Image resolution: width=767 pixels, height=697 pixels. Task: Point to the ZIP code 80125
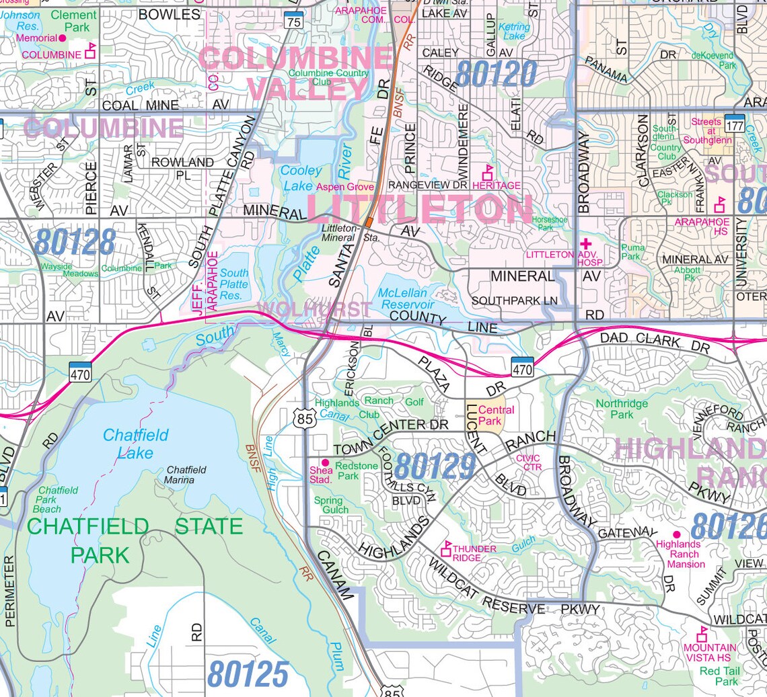pyautogui.click(x=248, y=673)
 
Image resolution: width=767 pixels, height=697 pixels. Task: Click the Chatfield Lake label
pyautogui.click(x=135, y=444)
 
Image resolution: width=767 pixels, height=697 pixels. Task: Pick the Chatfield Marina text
pyautogui.click(x=186, y=475)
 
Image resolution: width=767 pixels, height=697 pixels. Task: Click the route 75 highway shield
pyautogui.click(x=293, y=22)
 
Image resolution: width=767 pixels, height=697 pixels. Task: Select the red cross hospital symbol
pyautogui.click(x=585, y=243)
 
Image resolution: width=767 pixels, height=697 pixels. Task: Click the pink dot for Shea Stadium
pyautogui.click(x=324, y=462)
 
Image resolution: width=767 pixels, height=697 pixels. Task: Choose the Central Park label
pyautogui.click(x=496, y=415)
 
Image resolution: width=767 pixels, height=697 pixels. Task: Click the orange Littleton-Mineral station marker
pyautogui.click(x=369, y=221)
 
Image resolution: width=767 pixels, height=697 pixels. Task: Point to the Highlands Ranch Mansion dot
pyautogui.click(x=676, y=534)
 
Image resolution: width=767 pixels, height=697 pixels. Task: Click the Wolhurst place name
pyautogui.click(x=314, y=309)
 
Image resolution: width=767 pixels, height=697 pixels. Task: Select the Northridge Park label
pyautogui.click(x=622, y=409)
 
